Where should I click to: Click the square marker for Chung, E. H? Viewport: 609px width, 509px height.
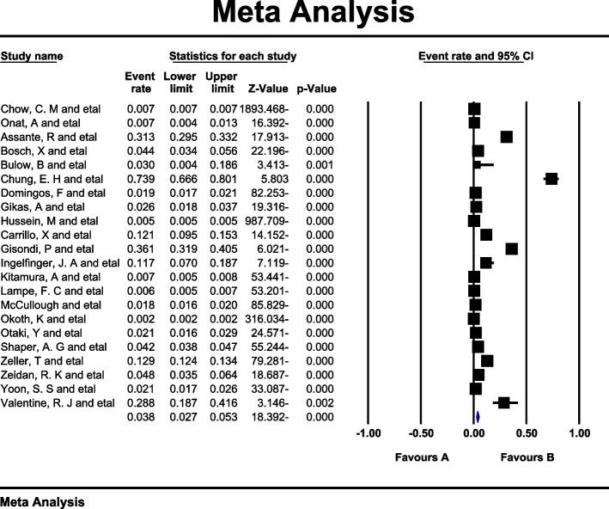(x=551, y=179)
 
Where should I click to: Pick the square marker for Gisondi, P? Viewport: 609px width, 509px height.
(x=512, y=248)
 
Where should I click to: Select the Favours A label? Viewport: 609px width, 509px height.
(x=422, y=457)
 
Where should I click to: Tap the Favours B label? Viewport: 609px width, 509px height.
(x=527, y=457)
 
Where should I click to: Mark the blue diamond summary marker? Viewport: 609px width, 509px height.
(x=477, y=417)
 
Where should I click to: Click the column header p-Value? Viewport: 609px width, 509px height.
(x=316, y=89)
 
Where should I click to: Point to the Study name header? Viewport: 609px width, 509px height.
(x=32, y=57)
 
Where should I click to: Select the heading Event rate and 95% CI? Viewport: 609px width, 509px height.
(x=476, y=57)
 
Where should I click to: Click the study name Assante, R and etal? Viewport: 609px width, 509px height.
(x=42, y=137)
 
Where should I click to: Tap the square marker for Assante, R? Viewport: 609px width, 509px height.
(x=507, y=138)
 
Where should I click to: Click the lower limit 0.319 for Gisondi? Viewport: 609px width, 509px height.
(x=180, y=248)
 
